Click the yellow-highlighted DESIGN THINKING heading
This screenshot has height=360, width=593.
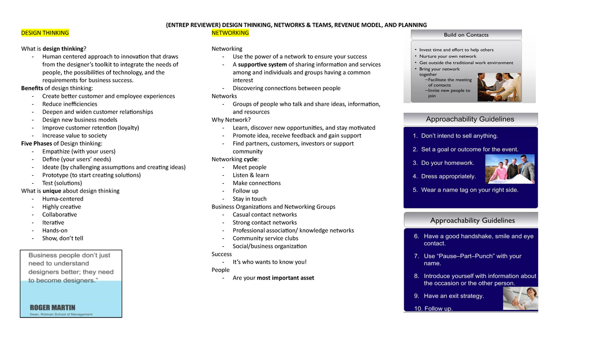(44, 33)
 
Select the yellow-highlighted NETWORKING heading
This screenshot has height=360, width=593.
(230, 33)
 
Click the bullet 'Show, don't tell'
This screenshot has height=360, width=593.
(63, 239)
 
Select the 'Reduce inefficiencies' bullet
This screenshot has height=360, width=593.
(70, 104)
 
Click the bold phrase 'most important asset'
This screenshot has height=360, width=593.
(285, 278)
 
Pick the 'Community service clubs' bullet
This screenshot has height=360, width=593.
(265, 239)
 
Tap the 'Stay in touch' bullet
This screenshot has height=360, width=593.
(250, 199)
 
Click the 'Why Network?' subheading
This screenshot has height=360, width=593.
(231, 120)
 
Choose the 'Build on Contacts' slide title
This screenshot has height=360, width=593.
(466, 35)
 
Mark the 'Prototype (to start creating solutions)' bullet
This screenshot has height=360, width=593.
(91, 175)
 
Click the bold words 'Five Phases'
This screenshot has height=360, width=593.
(37, 144)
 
